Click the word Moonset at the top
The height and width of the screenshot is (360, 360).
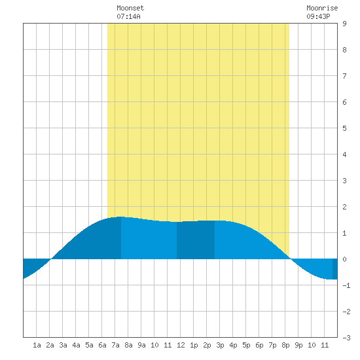tap(130, 8)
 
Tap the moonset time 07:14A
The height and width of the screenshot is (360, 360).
tap(128, 16)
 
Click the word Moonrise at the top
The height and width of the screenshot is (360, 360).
tap(322, 8)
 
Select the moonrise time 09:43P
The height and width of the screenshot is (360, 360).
tap(318, 16)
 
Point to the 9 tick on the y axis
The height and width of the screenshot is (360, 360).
tap(344, 24)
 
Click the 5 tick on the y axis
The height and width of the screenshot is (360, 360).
tap(344, 128)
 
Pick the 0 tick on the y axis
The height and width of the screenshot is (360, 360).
tap(344, 259)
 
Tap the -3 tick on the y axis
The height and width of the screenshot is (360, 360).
tap(346, 338)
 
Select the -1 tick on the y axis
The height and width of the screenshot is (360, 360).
tap(346, 285)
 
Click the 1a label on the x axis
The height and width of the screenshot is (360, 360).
tap(37, 345)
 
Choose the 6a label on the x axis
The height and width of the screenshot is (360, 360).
tap(102, 345)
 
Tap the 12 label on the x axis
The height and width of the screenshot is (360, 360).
tap(181, 345)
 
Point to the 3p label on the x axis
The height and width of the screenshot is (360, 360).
tap(220, 345)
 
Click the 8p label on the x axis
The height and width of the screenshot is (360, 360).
tap(285, 345)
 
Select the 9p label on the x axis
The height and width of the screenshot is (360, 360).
tap(298, 345)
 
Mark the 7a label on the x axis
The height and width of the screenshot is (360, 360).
tap(115, 345)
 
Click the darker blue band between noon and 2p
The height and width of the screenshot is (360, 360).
tap(196, 240)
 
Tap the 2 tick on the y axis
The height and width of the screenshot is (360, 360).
tap(344, 207)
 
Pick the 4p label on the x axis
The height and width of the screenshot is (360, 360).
tap(233, 345)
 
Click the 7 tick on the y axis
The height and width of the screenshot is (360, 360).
tap(344, 76)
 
